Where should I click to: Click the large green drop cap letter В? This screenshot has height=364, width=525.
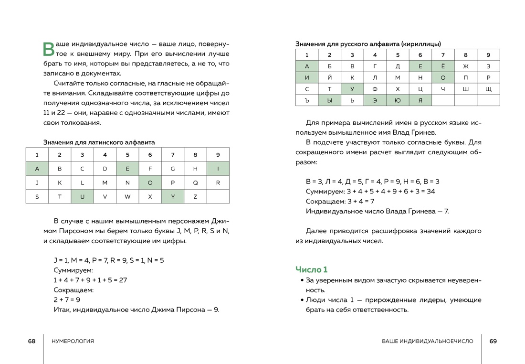(x=49, y=49)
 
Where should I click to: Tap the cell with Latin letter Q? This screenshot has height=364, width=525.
(x=195, y=182)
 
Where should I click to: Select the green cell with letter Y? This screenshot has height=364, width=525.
(x=173, y=196)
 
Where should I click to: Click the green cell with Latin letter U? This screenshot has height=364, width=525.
(x=82, y=196)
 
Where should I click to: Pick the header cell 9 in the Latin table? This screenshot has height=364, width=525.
(x=218, y=155)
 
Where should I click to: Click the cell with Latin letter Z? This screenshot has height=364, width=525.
(x=195, y=196)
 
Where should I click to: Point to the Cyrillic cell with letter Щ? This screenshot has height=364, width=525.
(x=488, y=89)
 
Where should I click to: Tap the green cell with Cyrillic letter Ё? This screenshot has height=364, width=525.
(x=443, y=66)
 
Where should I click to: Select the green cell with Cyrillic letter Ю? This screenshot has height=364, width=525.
(x=398, y=100)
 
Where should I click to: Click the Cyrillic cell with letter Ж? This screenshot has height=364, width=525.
(x=465, y=66)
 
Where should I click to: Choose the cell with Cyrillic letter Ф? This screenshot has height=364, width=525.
(x=375, y=89)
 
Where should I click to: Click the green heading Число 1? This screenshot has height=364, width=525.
(x=311, y=269)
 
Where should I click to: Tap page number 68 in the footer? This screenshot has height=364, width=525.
(x=31, y=341)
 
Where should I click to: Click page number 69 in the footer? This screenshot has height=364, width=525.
(x=493, y=341)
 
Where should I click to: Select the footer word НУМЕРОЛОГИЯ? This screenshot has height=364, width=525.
(x=73, y=341)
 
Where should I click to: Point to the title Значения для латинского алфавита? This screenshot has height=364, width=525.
(x=99, y=142)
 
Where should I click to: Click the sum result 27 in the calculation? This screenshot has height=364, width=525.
(x=123, y=280)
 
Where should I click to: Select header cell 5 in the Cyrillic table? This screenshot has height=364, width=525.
(x=398, y=55)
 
